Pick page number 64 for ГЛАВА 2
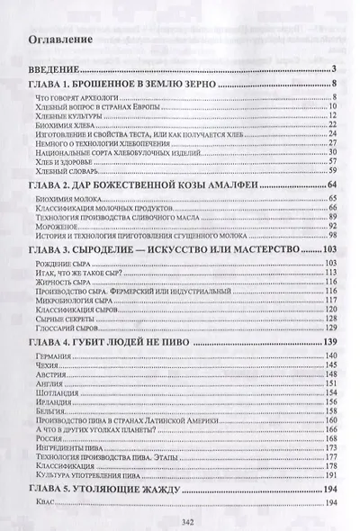330,184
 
